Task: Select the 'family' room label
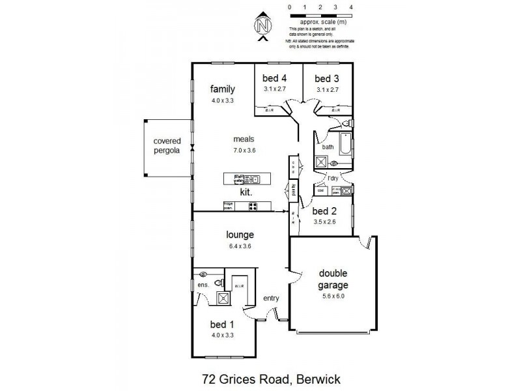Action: [222, 89]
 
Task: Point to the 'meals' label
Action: [244, 139]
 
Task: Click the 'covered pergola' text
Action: [167, 145]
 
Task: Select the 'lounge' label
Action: [240, 235]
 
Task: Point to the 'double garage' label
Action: [333, 280]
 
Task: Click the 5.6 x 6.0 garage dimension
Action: [333, 296]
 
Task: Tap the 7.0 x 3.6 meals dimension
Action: [244, 151]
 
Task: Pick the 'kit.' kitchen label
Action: [246, 193]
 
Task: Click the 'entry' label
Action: [271, 298]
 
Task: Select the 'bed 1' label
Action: [222, 325]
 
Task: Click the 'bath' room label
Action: [327, 147]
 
